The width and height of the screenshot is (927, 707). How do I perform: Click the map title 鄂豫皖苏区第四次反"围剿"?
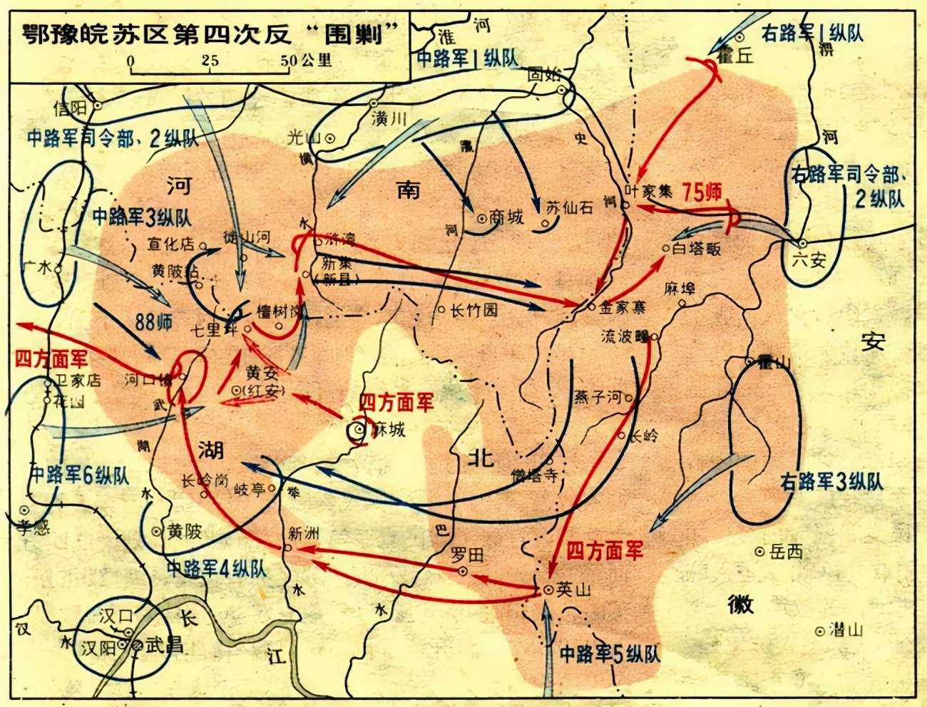click(x=211, y=33)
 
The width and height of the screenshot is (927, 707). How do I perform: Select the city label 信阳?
click(x=70, y=108)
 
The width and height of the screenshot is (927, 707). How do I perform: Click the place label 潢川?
click(x=389, y=118)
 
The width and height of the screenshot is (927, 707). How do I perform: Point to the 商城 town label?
click(x=506, y=217)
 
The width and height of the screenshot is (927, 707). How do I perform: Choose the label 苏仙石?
click(x=569, y=207)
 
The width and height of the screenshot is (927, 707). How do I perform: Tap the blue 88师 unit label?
click(x=154, y=322)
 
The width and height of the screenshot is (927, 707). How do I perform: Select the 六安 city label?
click(x=808, y=260)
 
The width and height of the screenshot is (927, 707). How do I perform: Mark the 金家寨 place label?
click(x=623, y=308)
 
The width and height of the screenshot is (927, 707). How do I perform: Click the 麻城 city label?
click(x=389, y=429)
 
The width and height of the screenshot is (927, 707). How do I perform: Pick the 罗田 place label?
click(x=468, y=554)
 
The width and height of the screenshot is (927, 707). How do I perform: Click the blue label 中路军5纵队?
click(x=610, y=654)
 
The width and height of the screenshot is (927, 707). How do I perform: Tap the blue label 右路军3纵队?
click(x=831, y=482)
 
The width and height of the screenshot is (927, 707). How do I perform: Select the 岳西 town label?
click(x=786, y=552)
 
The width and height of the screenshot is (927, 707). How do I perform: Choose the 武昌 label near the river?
click(x=164, y=645)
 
